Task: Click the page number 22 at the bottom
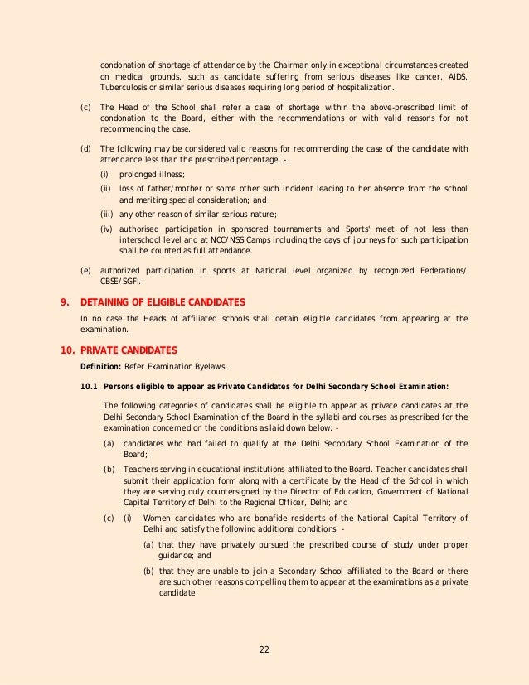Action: tap(264, 649)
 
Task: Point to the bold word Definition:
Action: tap(99, 365)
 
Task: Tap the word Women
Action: tap(158, 518)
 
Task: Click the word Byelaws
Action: tap(213, 365)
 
